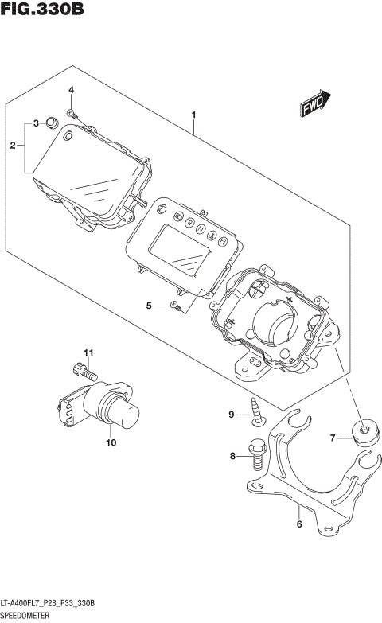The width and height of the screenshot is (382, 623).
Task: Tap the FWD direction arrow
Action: point(314,104)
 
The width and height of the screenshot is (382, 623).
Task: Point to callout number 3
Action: point(35,123)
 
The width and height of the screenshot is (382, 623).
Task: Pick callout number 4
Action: point(71,89)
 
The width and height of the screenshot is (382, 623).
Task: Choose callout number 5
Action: point(149,306)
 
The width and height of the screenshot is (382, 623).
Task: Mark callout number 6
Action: point(299,524)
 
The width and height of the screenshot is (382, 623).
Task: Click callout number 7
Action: point(333,437)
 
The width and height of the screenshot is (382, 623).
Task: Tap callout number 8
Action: point(233,456)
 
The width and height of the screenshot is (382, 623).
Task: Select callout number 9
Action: point(232,415)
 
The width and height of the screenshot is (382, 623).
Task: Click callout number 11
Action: point(90,352)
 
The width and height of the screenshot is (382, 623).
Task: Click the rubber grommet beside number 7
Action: point(364,432)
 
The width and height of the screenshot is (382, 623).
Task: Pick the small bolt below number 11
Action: point(84,370)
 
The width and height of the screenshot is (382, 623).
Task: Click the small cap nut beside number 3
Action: point(51,122)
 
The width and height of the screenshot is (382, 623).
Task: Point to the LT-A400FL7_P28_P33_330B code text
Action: point(48,604)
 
